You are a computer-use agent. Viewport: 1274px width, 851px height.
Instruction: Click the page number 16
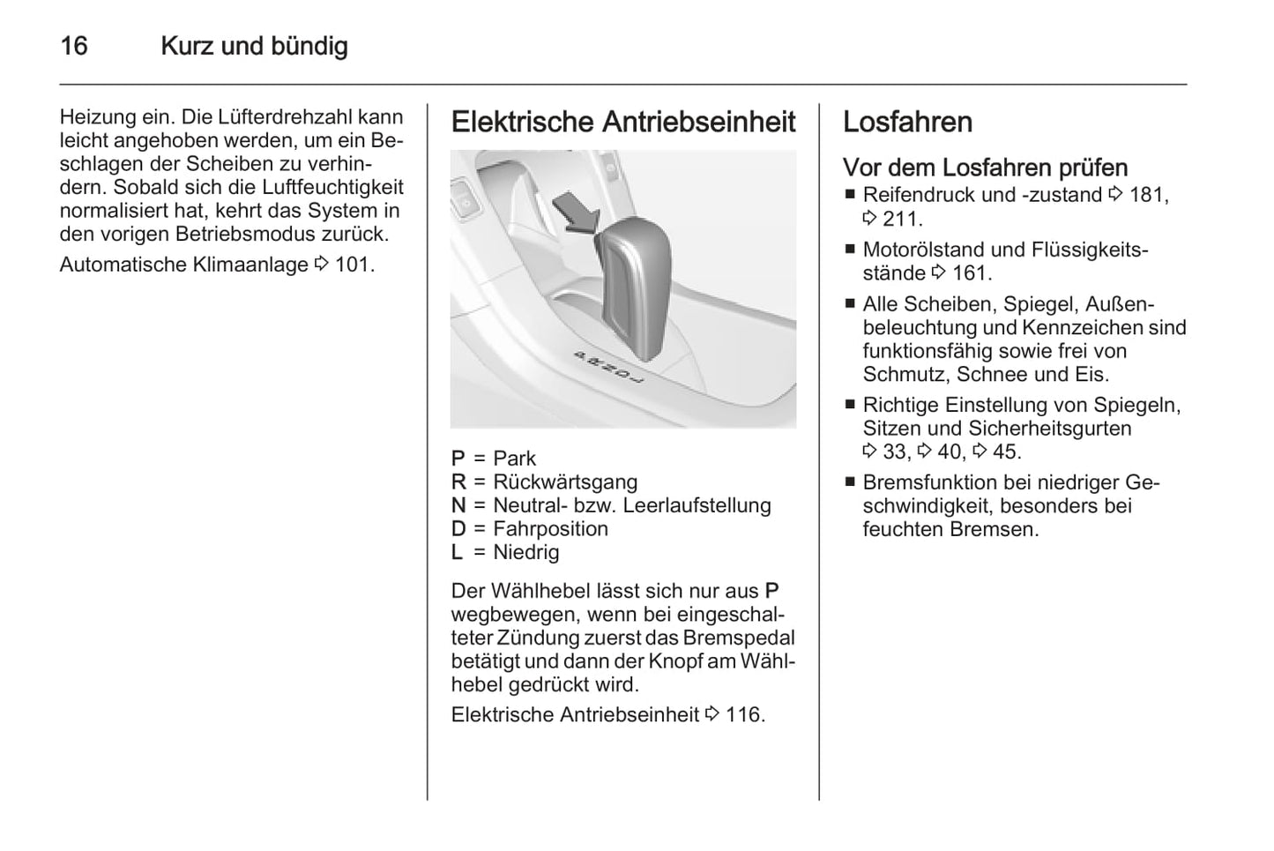74,46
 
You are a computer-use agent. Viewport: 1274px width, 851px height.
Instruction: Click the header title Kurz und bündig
254,46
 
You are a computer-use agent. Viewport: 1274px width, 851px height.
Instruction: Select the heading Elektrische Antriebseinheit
623,122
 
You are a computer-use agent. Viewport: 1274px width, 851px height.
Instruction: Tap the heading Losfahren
907,122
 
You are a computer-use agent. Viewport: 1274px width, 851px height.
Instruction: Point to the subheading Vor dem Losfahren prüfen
985,168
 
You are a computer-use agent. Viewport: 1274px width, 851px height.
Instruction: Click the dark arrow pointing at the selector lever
574,214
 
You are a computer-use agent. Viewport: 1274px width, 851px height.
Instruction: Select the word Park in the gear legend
514,459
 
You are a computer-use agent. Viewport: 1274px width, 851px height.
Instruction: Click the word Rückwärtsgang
565,482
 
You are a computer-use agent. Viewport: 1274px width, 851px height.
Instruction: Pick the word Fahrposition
550,529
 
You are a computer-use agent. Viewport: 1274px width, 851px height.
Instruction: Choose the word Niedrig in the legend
526,553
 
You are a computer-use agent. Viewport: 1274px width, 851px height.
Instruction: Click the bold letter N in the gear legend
458,505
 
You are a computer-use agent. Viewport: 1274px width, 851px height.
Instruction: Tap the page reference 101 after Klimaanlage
354,265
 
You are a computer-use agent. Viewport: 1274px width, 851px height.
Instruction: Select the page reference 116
744,715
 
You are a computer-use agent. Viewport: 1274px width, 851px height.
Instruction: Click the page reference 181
1148,196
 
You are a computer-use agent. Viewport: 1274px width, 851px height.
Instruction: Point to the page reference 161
972,273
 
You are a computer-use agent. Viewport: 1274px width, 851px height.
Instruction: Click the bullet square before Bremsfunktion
850,482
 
